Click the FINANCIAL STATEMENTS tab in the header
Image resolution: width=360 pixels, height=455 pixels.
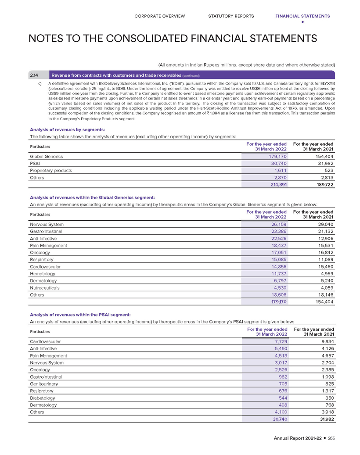point(302,16)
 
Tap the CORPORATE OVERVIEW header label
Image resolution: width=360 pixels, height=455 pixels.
point(160,16)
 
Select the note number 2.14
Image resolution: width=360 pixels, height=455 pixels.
point(34,75)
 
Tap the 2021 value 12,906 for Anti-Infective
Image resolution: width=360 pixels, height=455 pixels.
point(323,239)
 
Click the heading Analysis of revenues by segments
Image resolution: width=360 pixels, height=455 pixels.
point(67,129)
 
